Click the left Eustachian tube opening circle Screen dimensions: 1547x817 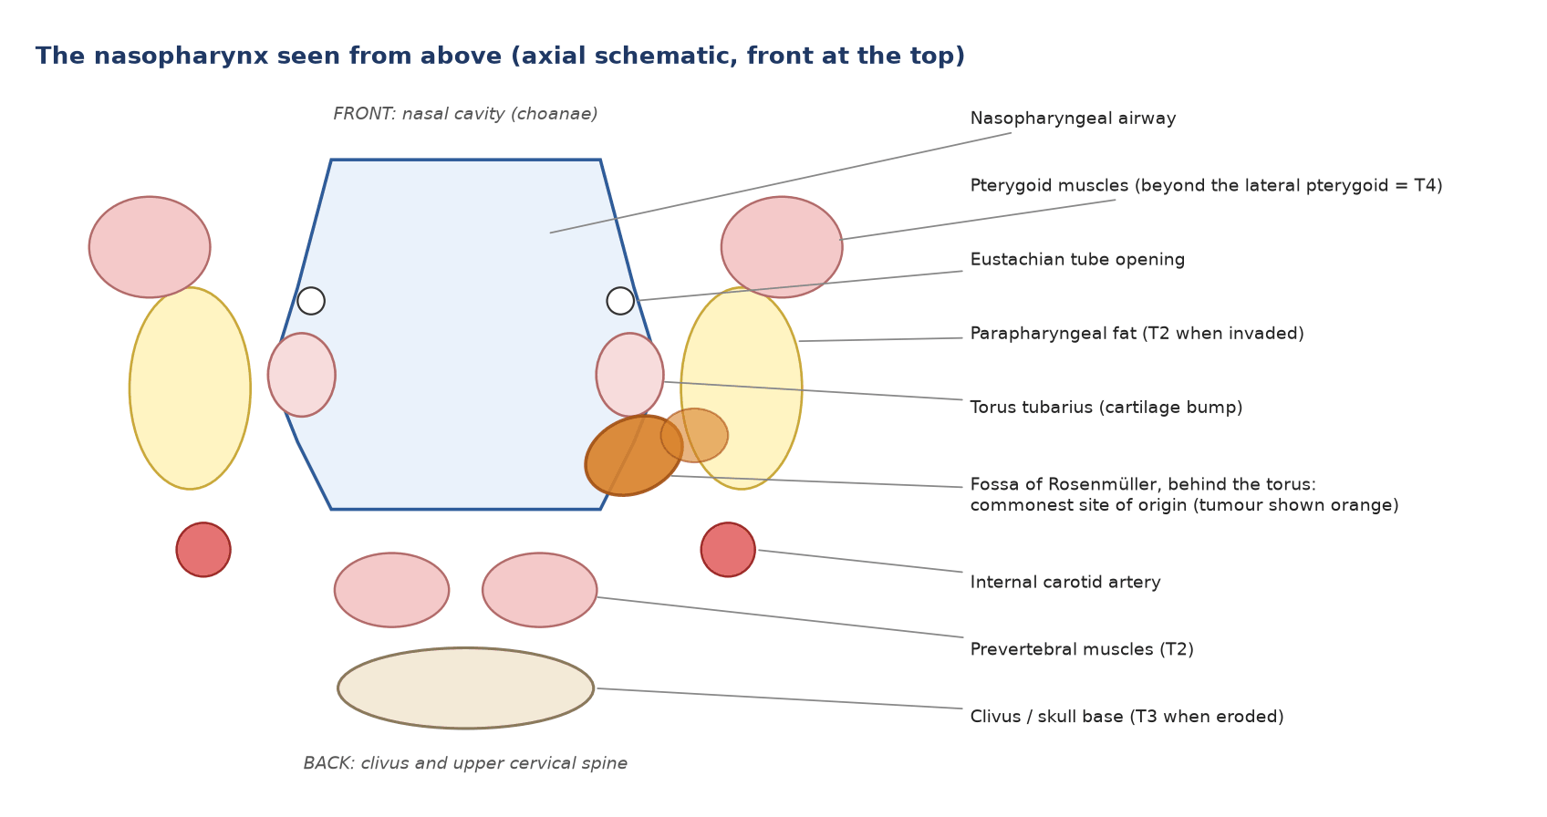coord(311,301)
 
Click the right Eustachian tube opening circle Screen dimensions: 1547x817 coord(620,301)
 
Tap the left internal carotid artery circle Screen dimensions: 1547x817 coord(203,550)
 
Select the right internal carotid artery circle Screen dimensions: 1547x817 coord(728,550)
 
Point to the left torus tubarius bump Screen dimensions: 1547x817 coord(302,375)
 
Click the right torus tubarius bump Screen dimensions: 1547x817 coord(630,375)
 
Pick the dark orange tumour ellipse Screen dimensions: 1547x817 coord(634,455)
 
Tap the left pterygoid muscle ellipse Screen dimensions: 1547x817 coord(150,247)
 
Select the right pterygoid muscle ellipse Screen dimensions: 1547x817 coord(782,247)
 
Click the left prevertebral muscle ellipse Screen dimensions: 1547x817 coord(391,590)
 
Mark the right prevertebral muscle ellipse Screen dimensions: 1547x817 coord(539,590)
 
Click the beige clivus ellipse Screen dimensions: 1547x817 coord(465,688)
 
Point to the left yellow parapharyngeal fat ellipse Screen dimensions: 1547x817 coord(190,388)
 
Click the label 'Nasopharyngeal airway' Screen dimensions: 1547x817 coord(1073,119)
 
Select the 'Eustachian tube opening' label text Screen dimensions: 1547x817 coord(1077,260)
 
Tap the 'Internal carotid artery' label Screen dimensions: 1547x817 coord(1065,582)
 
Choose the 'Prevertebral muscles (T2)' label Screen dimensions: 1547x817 coord(1082,649)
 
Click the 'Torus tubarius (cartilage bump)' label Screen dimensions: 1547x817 coord(1106,408)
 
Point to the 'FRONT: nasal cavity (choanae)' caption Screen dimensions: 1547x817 coord(465,114)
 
